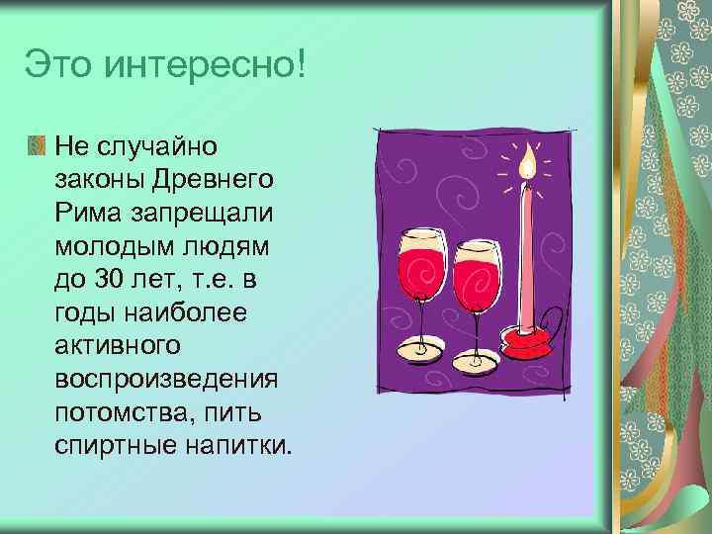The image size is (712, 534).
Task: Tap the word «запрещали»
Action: [199, 215]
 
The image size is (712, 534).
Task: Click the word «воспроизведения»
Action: [166, 380]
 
